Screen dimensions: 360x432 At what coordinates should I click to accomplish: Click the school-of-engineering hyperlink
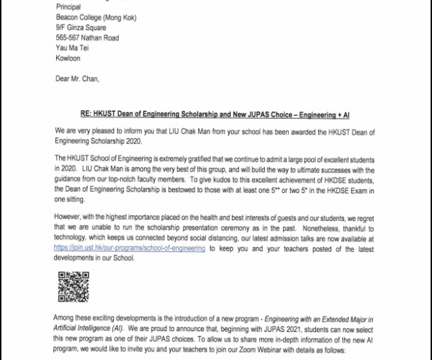pyautogui.click(x=130, y=267)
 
